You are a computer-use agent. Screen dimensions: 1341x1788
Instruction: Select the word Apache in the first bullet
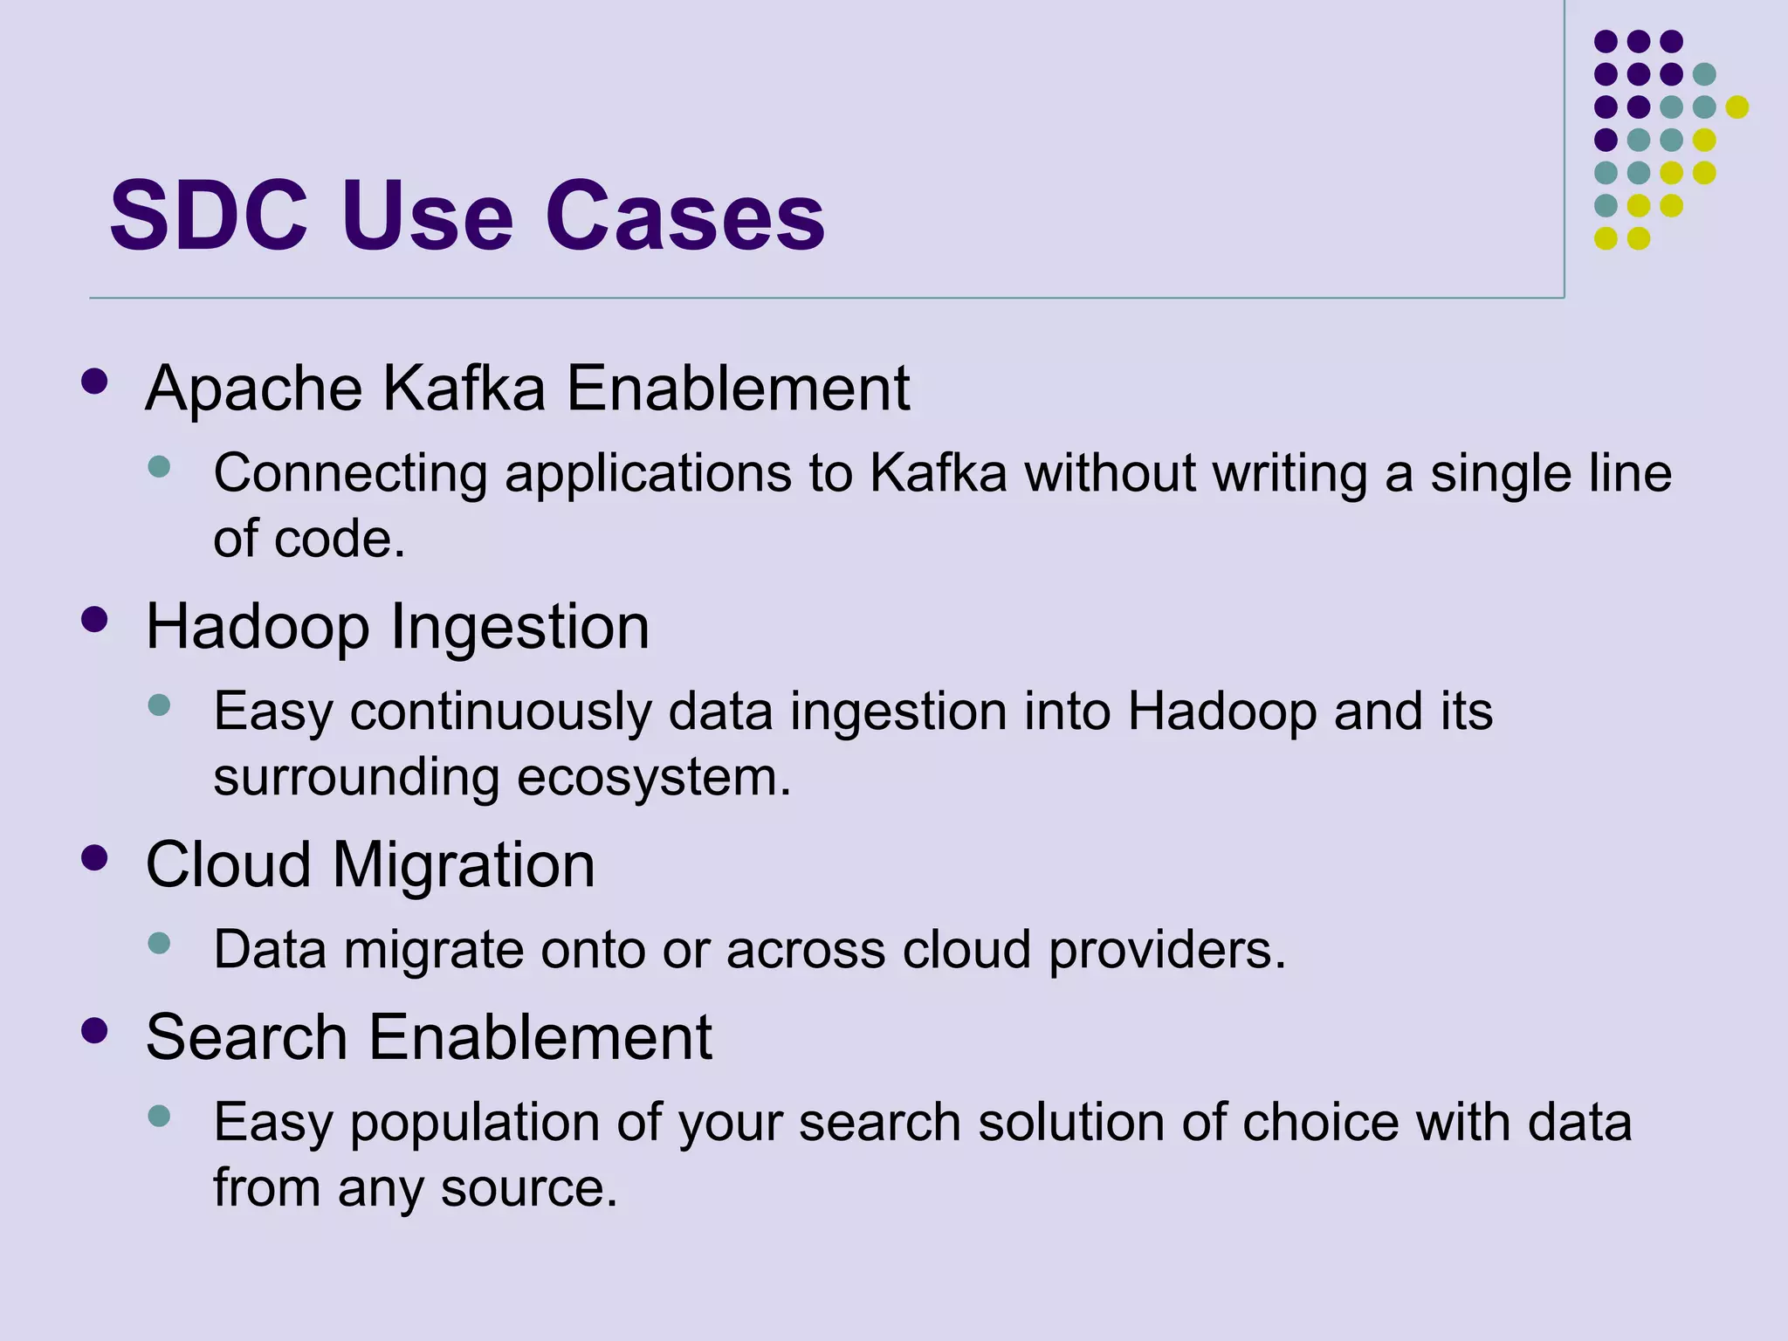[x=254, y=389]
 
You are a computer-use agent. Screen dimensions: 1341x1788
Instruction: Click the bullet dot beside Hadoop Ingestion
[x=94, y=619]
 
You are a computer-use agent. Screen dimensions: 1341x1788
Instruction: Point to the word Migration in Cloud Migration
[x=464, y=865]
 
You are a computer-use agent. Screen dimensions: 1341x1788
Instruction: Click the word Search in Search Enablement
[x=247, y=1037]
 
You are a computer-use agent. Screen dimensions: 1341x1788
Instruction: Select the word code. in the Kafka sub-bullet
[x=340, y=539]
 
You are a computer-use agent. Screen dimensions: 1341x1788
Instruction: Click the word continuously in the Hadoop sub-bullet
[x=501, y=712]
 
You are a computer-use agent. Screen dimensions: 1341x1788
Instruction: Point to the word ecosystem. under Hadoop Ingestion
[x=654, y=777]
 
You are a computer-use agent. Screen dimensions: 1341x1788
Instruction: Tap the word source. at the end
[x=529, y=1188]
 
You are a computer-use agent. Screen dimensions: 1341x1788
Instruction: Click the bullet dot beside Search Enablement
[x=94, y=1030]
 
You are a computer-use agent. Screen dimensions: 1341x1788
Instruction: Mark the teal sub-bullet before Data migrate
[x=159, y=943]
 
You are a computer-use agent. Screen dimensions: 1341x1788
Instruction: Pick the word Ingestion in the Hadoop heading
[x=519, y=627]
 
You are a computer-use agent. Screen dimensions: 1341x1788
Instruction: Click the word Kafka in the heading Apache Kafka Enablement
[x=464, y=389]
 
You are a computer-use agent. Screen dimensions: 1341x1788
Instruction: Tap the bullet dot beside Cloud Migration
[x=94, y=857]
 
